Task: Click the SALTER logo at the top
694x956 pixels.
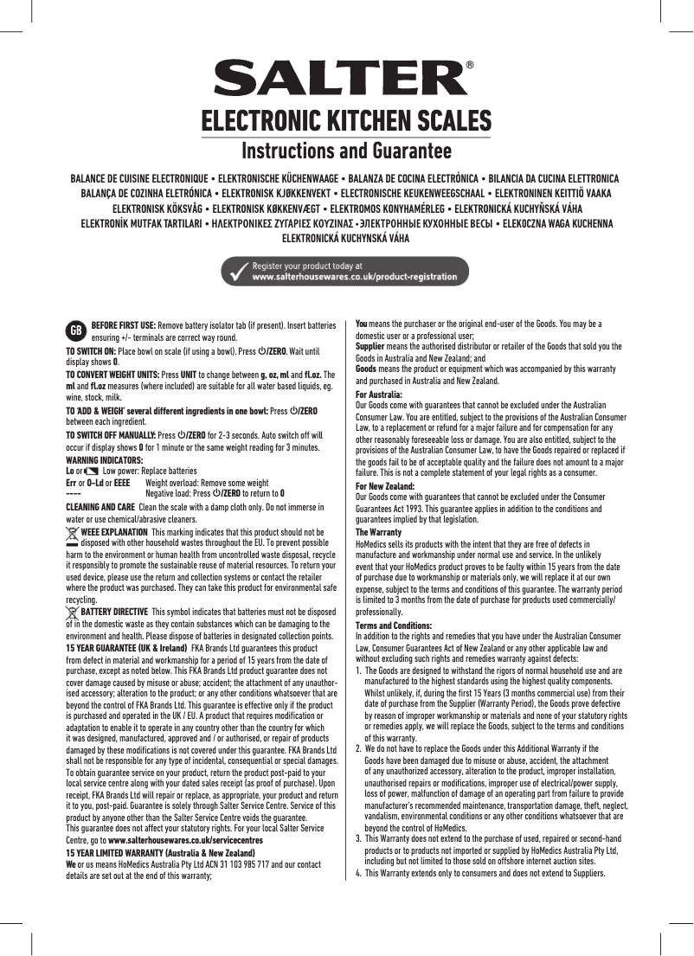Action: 344,80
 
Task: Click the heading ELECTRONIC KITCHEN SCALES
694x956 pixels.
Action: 346,121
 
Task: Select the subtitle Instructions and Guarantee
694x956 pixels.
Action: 346,151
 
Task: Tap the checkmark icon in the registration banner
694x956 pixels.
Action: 235,271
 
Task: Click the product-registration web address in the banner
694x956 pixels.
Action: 354,277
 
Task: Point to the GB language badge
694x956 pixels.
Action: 76,330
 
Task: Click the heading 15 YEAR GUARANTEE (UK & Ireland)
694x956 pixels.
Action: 126,647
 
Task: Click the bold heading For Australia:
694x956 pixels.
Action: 379,394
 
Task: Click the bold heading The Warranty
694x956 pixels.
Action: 378,531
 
